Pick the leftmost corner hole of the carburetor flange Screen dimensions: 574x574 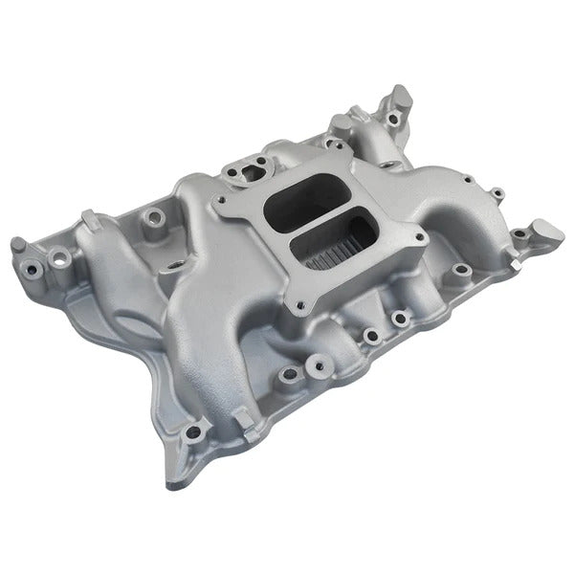(x=222, y=200)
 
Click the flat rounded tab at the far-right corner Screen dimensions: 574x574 (x=547, y=230)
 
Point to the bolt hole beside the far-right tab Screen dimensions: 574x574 (x=518, y=232)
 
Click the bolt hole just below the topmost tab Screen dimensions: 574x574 (x=393, y=121)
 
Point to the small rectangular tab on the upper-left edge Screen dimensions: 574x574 (x=88, y=220)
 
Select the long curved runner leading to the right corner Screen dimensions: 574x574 (x=450, y=191)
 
